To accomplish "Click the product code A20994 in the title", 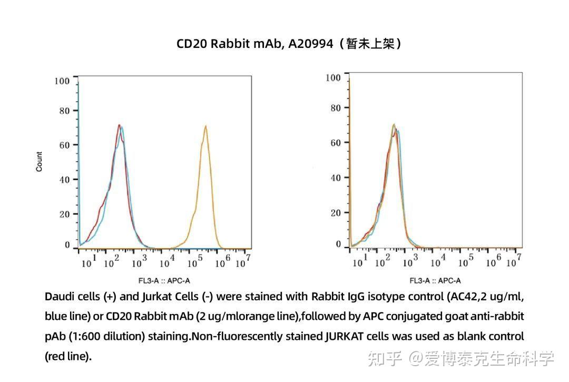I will pyautogui.click(x=311, y=44).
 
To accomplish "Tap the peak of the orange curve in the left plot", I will pyautogui.click(x=205, y=126).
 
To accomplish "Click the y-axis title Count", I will pyautogui.click(x=40, y=162).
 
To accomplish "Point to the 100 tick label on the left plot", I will pyautogui.click(x=62, y=81).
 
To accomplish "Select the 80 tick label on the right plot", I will pyautogui.click(x=335, y=108).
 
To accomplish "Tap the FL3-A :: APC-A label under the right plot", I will pyautogui.click(x=435, y=281).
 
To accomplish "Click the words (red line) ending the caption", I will pyautogui.click(x=68, y=356).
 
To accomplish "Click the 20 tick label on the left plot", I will pyautogui.click(x=64, y=214).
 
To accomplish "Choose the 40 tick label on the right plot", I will pyautogui.click(x=335, y=178).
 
